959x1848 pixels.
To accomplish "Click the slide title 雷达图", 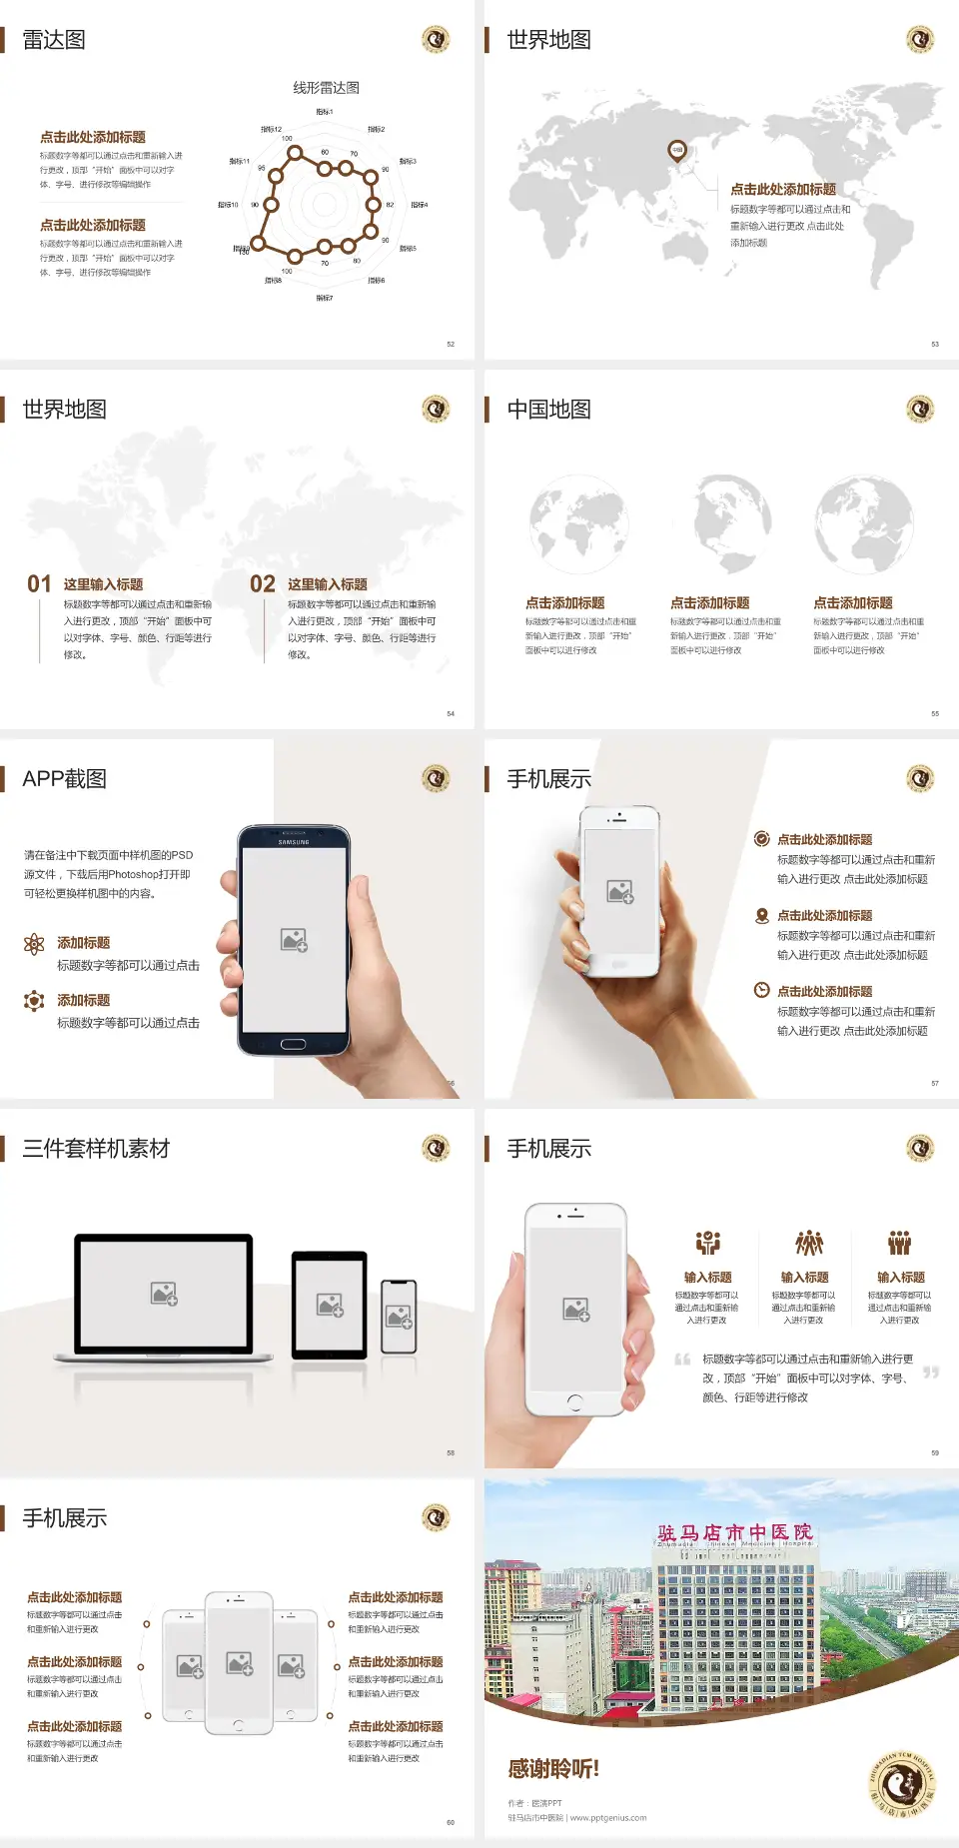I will [54, 40].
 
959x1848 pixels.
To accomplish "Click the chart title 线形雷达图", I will [326, 88].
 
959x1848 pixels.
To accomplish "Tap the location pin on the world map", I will [677, 151].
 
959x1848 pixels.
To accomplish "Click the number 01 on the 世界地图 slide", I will [39, 584].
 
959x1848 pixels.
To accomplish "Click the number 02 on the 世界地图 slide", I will [263, 584].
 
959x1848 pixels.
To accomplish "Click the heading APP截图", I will [64, 779].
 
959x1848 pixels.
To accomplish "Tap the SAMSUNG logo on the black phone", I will [294, 842].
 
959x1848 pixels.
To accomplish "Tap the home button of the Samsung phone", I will [293, 1044].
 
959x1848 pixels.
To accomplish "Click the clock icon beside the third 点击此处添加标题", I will [761, 990].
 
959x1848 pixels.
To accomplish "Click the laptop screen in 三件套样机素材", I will [164, 1293].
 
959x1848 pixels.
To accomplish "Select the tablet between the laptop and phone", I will [330, 1304].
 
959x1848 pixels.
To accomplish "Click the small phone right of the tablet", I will [399, 1317].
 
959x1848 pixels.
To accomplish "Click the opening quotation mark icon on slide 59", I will [682, 1360].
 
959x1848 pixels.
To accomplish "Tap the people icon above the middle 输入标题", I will [808, 1243].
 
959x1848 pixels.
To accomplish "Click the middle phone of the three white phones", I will [239, 1662].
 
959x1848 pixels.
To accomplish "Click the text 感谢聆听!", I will [553, 1769].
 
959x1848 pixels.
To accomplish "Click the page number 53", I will [935, 344].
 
